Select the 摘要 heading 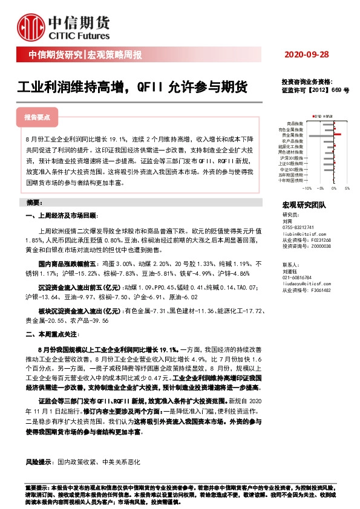tap(34, 201)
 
